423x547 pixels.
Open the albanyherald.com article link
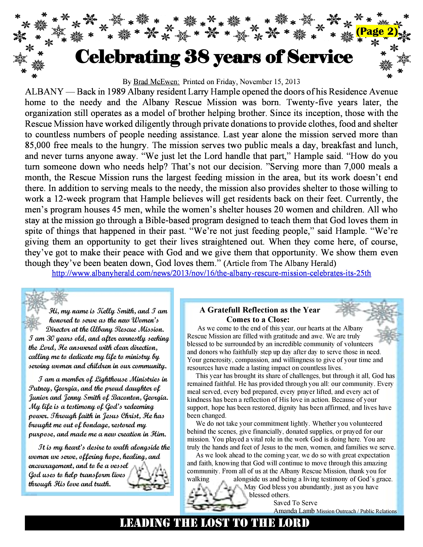211,273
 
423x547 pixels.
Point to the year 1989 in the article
117,92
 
